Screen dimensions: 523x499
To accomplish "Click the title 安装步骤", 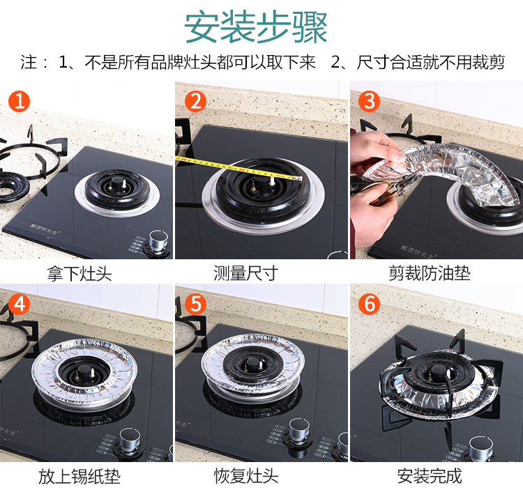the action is click(255, 27).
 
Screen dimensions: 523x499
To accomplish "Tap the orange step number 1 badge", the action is click(20, 101).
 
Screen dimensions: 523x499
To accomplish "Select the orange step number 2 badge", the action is click(195, 101).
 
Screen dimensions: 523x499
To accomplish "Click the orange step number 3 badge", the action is click(369, 101).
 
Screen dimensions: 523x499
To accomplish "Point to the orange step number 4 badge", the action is click(20, 304).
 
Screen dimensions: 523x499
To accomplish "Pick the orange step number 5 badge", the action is click(195, 304).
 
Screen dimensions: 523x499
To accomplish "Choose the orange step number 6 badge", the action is click(369, 304).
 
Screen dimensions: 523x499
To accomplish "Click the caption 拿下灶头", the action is click(79, 273).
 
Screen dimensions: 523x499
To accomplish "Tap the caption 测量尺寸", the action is click(246, 273).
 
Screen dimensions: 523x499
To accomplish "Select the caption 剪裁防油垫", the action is click(430, 273).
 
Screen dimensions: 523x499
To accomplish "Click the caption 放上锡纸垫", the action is click(79, 476).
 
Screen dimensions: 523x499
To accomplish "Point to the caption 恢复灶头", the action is click(246, 476).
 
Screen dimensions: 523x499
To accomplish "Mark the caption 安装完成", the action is click(430, 476).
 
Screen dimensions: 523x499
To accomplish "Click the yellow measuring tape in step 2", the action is click(238, 167).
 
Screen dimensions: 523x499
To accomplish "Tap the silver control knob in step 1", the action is click(158, 240).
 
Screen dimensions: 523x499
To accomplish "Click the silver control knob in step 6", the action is click(480, 447).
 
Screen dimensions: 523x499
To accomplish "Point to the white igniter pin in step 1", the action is click(124, 183).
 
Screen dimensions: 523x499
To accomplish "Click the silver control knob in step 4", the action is click(130, 438).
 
